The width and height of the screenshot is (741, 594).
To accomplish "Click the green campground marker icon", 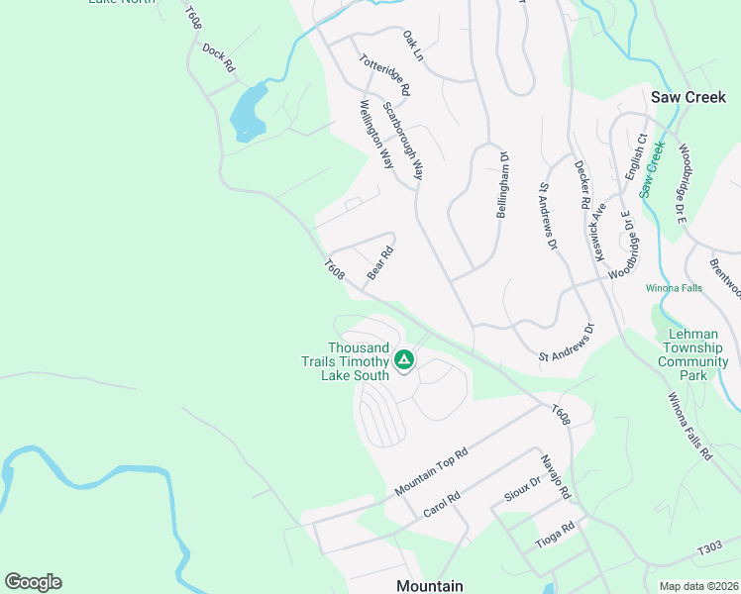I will pos(403,359).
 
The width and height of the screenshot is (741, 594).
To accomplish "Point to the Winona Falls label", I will pos(674,288).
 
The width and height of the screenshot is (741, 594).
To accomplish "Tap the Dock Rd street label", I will pos(218,56).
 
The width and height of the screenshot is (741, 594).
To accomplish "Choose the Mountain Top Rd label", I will pos(430,472).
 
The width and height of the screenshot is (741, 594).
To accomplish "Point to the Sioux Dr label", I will pos(521,489).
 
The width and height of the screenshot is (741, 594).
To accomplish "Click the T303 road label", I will pos(709,548).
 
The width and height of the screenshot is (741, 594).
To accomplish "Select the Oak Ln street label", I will pos(412,45).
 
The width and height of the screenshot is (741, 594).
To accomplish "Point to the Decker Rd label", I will pos(582,179).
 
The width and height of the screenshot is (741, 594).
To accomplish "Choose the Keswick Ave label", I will pos(598,234).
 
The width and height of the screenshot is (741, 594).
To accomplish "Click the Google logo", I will pos(33,582).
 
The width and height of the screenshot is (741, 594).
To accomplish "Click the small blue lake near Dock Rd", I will pos(248,111).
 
